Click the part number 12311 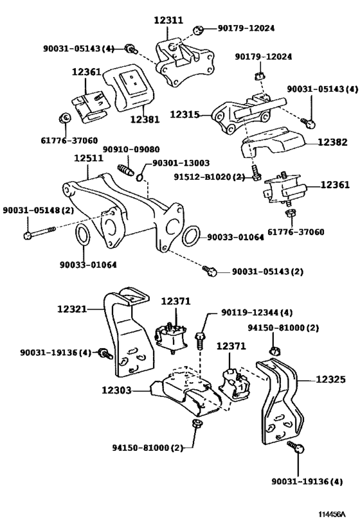168,20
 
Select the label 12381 145,119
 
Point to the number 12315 184,114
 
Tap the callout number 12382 332,142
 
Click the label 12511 89,157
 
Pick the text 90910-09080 131,149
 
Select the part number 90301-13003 181,163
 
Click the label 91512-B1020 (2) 209,177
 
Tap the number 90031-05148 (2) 39,210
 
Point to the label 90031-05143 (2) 267,272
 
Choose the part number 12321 72,309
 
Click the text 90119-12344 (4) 257,313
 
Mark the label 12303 116,390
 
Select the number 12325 330,380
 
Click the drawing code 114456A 332,514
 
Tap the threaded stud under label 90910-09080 126,170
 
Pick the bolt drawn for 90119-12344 199,340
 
